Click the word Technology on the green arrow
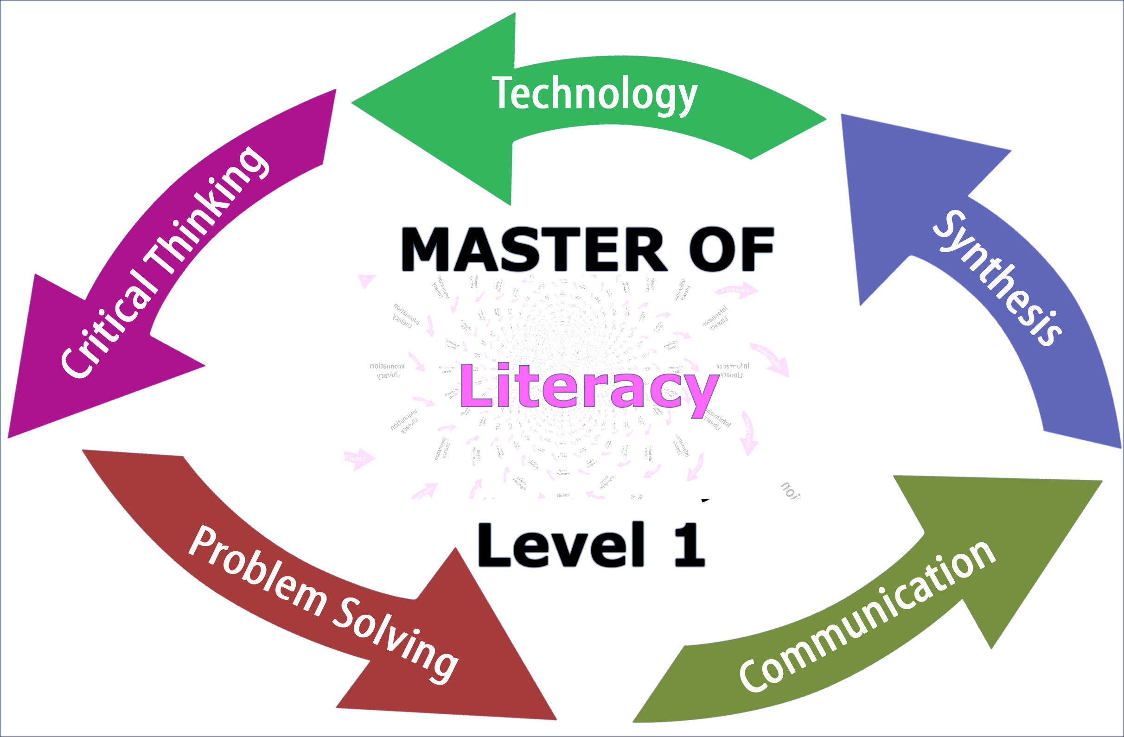pyautogui.click(x=594, y=95)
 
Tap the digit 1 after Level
pyautogui.click(x=690, y=546)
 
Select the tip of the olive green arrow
pyautogui.click(x=1101, y=482)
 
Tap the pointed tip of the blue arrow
pyautogui.click(x=842, y=115)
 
